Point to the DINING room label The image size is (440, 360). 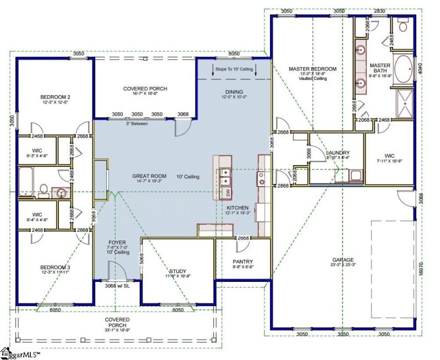coord(234,92)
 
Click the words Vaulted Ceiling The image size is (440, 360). coord(312,79)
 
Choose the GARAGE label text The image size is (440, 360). coord(343,260)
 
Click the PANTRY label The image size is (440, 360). coord(242,262)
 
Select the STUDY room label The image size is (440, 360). coord(177,271)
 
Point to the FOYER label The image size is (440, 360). coord(117,242)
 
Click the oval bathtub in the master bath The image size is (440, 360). coord(404,68)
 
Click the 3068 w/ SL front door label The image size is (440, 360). coord(117,286)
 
